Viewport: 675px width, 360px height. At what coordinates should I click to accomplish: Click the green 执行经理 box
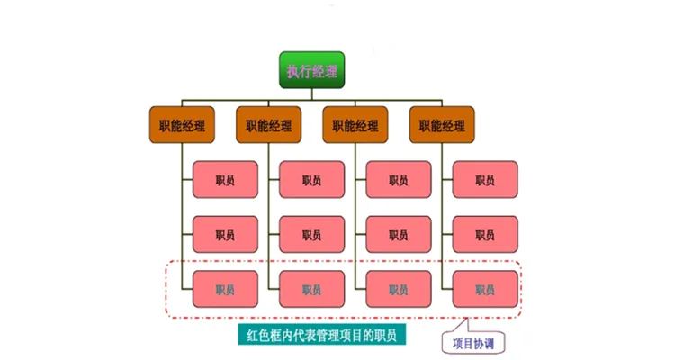(310, 70)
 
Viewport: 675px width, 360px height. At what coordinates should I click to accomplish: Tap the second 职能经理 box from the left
(267, 126)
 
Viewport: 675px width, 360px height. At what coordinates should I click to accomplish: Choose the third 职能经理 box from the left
(355, 126)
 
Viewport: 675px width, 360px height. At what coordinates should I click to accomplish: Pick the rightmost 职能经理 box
(441, 126)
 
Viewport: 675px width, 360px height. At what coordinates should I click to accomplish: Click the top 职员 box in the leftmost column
(225, 180)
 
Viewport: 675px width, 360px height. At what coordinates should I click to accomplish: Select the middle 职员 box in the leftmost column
(225, 235)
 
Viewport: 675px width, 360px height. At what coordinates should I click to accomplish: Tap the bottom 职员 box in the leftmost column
(225, 290)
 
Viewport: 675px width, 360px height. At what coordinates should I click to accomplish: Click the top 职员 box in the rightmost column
(485, 180)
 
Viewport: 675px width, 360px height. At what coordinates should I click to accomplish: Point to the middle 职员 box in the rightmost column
(485, 235)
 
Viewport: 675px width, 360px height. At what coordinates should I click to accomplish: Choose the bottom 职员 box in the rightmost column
(485, 290)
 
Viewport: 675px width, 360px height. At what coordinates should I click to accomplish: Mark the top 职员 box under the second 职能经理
(311, 180)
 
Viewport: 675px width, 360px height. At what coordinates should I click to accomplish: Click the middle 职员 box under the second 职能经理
(311, 235)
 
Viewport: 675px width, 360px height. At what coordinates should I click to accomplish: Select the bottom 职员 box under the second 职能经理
(311, 290)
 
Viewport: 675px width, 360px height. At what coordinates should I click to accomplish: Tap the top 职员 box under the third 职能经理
(399, 180)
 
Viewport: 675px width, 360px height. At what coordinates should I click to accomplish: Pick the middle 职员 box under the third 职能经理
(399, 235)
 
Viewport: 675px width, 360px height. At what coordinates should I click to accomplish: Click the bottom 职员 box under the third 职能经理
(399, 290)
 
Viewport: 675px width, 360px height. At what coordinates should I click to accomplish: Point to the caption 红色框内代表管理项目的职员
(327, 336)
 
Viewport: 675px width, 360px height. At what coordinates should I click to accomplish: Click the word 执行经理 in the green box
(310, 71)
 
